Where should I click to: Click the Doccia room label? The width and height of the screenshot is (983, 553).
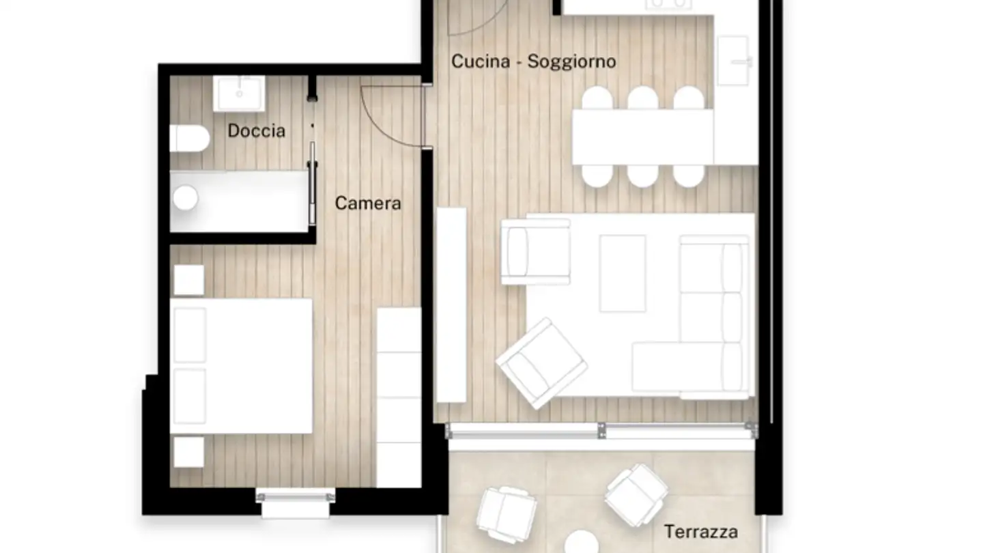point(256,130)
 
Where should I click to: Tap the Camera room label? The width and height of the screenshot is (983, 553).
point(368,203)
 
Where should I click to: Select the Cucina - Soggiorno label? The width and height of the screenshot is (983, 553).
point(533,61)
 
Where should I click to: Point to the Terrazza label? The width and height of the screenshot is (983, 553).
point(701,531)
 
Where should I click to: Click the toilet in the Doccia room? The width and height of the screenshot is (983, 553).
point(189,138)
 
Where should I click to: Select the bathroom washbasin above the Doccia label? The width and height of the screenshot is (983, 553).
point(239,94)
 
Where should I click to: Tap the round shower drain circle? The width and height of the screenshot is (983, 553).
point(185,199)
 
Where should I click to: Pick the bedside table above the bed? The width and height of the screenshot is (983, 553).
point(189,280)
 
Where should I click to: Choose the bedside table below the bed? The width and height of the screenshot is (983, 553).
point(188,452)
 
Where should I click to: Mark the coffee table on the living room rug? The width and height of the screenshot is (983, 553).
point(622,273)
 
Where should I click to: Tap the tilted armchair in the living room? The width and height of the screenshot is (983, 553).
point(541,363)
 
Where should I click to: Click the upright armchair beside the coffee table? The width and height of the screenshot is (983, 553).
point(536,251)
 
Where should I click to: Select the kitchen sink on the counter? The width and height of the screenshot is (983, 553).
point(734,61)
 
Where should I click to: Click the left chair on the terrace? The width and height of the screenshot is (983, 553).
point(507,513)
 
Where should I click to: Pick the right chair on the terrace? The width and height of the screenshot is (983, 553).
point(636,494)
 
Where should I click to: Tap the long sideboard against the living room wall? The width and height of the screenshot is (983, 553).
point(451,304)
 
